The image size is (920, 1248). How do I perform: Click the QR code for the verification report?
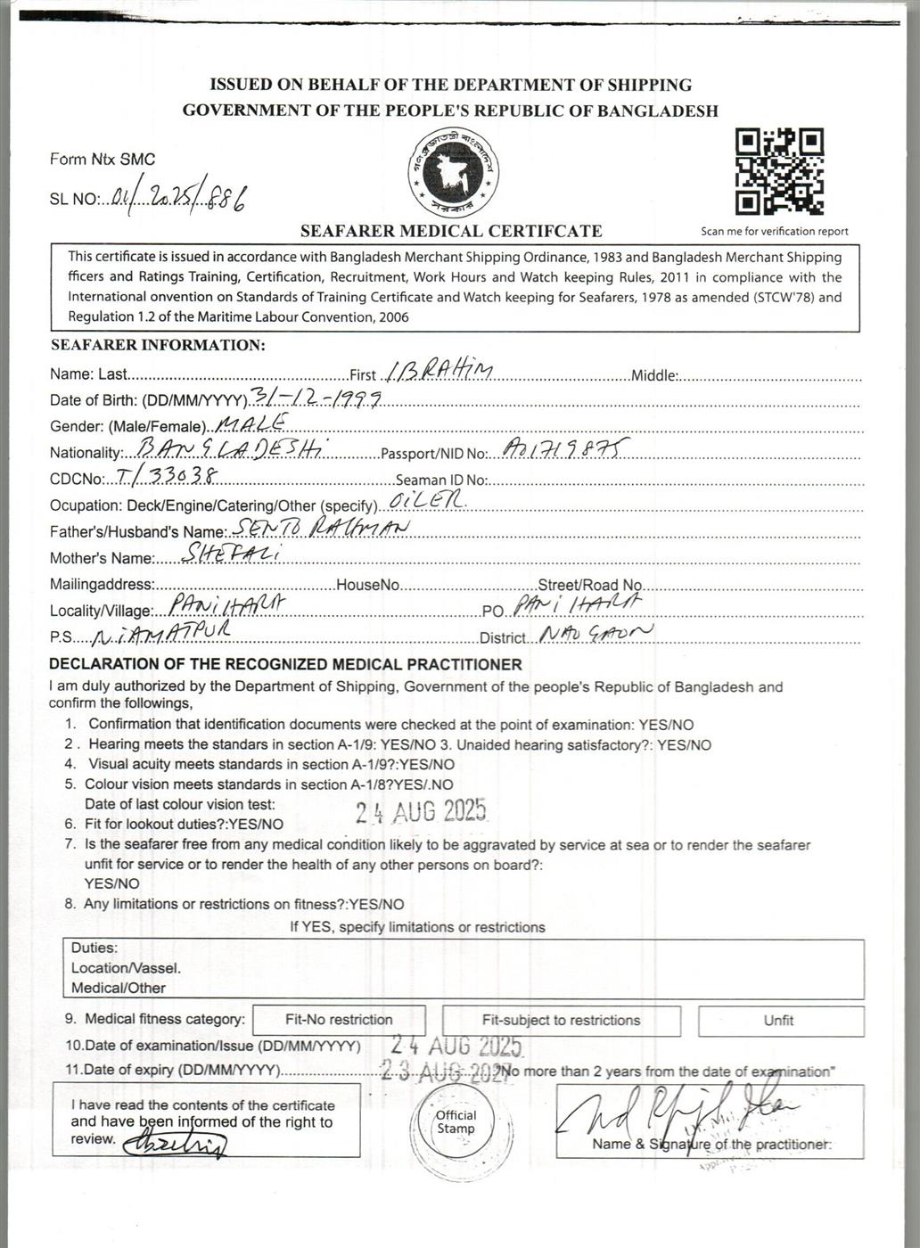[x=778, y=172]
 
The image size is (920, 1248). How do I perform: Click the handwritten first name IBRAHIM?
[x=436, y=372]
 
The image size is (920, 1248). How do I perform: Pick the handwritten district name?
[x=595, y=634]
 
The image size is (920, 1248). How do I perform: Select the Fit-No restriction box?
[x=339, y=1020]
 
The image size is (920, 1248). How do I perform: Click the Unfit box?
[x=780, y=1021]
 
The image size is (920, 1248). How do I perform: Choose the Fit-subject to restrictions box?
[x=561, y=1020]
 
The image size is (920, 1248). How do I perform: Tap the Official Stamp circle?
[x=456, y=1122]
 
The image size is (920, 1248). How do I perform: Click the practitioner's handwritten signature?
[x=678, y=1109]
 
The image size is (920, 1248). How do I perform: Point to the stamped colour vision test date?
[x=421, y=810]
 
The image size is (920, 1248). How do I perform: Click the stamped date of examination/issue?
[x=457, y=1044]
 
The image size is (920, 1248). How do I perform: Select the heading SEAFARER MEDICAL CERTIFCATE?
[x=451, y=231]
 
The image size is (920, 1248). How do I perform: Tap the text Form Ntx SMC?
[x=103, y=160]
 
